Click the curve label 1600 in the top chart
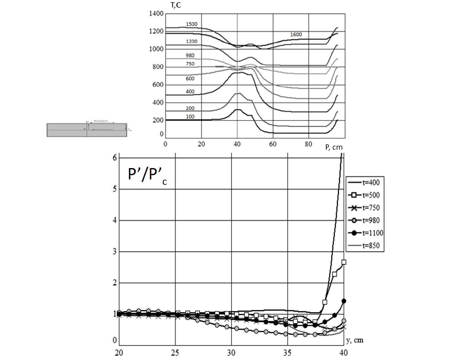coord(296,35)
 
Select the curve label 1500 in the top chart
coord(192,24)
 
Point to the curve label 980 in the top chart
coord(190,55)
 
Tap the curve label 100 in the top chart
coord(190,116)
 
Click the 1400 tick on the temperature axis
coord(156,14)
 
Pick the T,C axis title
coord(176,5)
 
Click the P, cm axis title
coord(334,147)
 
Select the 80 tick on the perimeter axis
coord(309,144)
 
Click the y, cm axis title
coord(355,340)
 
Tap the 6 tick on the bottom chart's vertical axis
coord(115,157)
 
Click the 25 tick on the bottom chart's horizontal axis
coord(175,353)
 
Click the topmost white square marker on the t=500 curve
coord(344,262)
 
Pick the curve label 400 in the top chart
coord(190,92)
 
